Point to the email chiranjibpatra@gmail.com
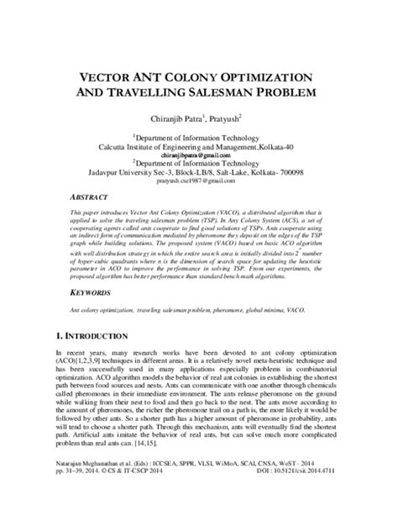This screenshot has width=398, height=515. (199, 155)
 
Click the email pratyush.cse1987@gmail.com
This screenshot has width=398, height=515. (199, 181)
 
